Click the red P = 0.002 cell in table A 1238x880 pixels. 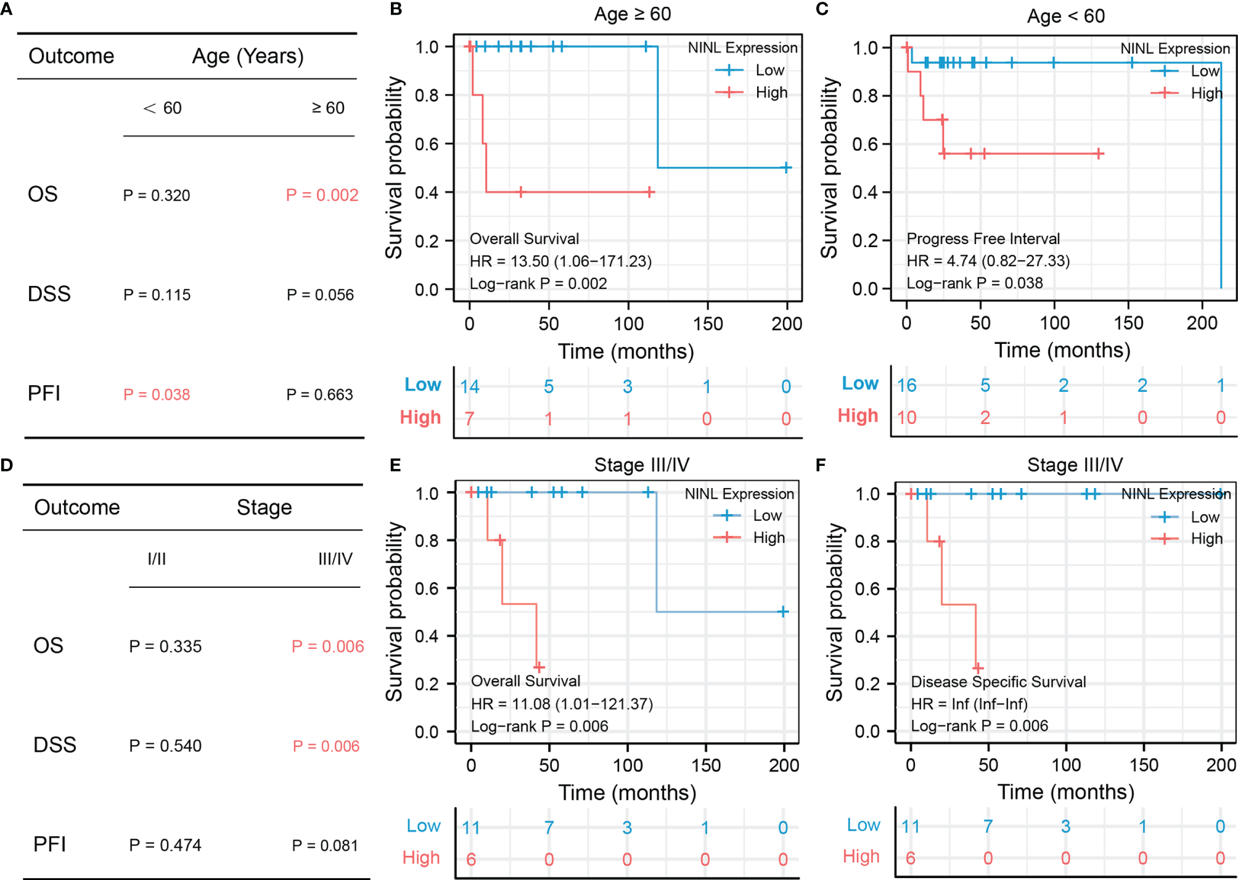[x=322, y=195]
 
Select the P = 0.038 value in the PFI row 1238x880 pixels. [x=157, y=394]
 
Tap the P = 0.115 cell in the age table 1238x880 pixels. [x=157, y=295]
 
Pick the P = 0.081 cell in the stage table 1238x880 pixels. [x=325, y=845]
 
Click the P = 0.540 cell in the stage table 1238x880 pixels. [x=165, y=746]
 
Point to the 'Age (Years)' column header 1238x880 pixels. [x=248, y=56]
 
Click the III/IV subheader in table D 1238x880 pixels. [x=335, y=559]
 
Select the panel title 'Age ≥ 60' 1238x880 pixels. [x=633, y=14]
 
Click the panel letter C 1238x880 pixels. [x=822, y=9]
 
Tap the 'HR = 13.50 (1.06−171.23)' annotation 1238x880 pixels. [x=560, y=261]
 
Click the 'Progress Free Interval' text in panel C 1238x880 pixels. [x=983, y=238]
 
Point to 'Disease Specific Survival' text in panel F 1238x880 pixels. [x=998, y=682]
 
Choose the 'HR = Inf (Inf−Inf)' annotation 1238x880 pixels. [x=969, y=704]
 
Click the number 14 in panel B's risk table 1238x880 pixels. [x=469, y=386]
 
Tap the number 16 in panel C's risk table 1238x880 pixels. [x=906, y=385]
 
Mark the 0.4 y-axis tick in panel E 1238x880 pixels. [x=427, y=636]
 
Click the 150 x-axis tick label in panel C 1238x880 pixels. [x=1128, y=323]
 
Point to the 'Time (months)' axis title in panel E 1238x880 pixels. [x=627, y=792]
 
